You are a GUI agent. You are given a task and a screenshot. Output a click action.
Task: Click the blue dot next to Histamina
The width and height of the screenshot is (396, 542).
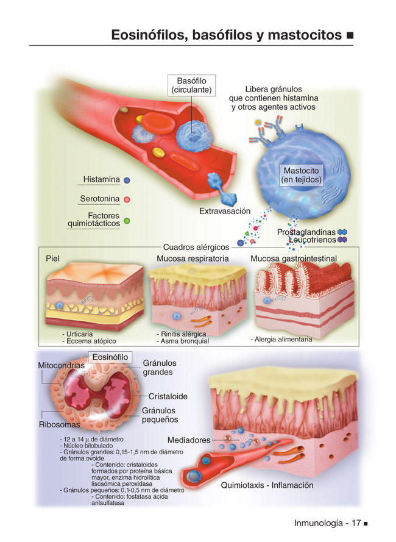(127, 180)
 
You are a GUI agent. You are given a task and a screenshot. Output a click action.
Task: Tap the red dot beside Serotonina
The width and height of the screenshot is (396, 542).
(127, 199)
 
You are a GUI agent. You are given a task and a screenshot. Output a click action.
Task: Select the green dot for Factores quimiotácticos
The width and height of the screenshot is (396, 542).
(127, 221)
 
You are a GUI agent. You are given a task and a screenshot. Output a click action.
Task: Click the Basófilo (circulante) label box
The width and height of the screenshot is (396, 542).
(191, 85)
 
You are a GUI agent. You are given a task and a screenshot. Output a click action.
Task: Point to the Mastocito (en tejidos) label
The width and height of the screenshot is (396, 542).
(301, 175)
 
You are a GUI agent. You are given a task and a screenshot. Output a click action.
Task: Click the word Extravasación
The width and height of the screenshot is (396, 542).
(225, 211)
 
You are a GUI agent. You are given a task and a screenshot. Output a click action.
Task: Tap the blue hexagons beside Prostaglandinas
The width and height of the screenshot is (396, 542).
(342, 232)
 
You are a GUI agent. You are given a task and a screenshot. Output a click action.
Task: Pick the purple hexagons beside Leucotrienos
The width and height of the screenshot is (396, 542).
(342, 240)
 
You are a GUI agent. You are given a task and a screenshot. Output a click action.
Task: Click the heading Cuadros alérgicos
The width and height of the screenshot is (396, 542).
(196, 247)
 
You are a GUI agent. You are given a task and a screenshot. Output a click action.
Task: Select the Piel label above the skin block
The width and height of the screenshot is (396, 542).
(52, 259)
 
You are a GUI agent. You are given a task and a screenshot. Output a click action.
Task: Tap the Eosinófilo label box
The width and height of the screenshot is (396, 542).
(110, 357)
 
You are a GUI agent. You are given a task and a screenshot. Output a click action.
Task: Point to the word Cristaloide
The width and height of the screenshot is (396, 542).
(168, 396)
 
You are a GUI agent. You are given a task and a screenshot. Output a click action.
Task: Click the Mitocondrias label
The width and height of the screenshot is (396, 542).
(61, 365)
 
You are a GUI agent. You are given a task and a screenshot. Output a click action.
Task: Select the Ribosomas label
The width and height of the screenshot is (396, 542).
(60, 424)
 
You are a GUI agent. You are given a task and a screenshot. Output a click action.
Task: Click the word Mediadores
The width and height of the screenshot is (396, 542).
(189, 440)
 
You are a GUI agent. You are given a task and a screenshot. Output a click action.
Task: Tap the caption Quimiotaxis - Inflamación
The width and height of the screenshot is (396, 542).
(267, 485)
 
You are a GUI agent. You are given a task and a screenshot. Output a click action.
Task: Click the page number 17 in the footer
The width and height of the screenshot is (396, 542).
(356, 523)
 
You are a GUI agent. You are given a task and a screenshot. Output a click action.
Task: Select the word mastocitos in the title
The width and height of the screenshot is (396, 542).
(305, 35)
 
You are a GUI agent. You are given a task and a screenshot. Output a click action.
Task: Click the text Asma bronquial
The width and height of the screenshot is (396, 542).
(185, 341)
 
